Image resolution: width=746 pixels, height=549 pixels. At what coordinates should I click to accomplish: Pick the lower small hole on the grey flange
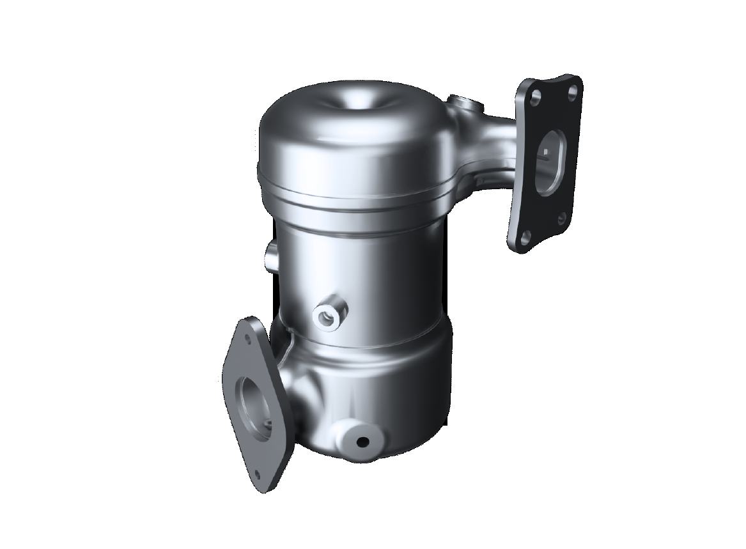click(257, 474)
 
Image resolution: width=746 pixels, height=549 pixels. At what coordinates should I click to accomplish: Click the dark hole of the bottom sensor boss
click(364, 442)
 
